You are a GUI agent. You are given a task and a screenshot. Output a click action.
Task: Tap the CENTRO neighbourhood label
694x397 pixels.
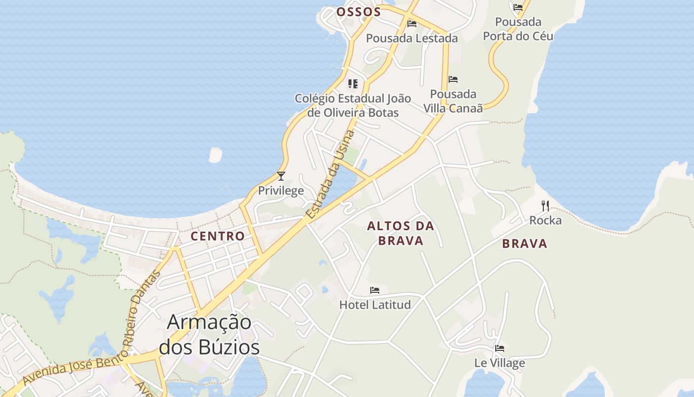218,236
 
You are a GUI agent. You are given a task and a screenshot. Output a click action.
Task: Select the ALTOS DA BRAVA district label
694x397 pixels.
401,233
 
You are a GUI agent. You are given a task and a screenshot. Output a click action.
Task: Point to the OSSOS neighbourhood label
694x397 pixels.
358,12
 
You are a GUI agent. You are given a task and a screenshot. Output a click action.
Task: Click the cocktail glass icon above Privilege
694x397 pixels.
281,176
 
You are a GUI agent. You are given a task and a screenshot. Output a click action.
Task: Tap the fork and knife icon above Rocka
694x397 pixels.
545,205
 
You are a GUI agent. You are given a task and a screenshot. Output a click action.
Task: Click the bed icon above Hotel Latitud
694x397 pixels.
375,290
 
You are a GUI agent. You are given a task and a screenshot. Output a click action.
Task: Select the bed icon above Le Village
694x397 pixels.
500,348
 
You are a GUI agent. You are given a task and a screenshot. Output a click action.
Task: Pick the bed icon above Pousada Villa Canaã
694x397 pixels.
453,79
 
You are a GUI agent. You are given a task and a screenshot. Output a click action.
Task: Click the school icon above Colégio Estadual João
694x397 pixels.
353,83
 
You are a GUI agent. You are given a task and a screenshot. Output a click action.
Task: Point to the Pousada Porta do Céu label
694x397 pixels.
518,29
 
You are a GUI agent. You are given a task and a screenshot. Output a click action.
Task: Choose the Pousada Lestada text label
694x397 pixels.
412,38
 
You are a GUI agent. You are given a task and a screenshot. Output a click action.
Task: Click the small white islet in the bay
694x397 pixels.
216,155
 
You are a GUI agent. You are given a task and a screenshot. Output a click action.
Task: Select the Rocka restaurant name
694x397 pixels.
545,220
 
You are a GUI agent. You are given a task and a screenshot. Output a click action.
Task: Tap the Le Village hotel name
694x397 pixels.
500,363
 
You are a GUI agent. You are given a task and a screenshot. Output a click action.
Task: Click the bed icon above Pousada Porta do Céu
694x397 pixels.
518,7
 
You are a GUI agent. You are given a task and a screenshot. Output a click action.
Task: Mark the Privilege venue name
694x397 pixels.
281,191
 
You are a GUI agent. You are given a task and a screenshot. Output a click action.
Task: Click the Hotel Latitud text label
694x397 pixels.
375,304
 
